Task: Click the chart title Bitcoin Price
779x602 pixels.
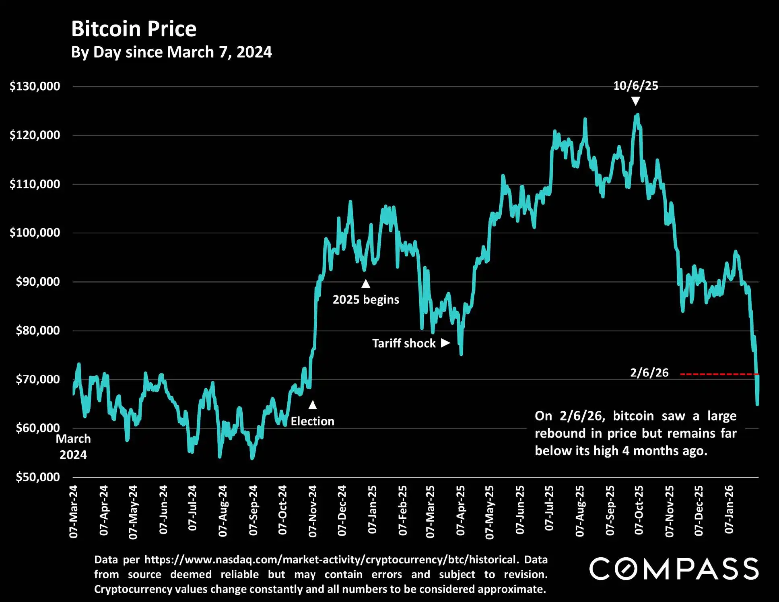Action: [x=134, y=29]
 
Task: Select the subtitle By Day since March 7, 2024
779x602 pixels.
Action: [x=171, y=52]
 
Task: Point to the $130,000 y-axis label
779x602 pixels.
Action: [x=35, y=86]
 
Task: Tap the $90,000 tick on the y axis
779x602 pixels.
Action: [x=38, y=282]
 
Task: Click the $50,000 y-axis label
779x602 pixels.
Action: [x=38, y=477]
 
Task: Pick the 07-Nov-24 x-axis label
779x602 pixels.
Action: [x=313, y=511]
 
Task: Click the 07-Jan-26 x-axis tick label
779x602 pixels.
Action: [x=729, y=509]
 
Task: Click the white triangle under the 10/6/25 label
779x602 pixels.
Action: [x=635, y=101]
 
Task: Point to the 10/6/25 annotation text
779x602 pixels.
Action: [x=635, y=86]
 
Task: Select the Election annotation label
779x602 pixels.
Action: [x=313, y=421]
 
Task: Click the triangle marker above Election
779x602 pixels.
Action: [x=313, y=405]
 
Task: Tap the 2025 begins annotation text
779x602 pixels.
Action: [x=366, y=300]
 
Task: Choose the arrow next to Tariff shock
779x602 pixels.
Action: [x=445, y=343]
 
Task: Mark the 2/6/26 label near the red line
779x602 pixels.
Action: [x=649, y=373]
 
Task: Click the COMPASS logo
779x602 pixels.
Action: [x=674, y=569]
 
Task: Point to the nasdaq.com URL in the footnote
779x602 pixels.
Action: [x=330, y=560]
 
